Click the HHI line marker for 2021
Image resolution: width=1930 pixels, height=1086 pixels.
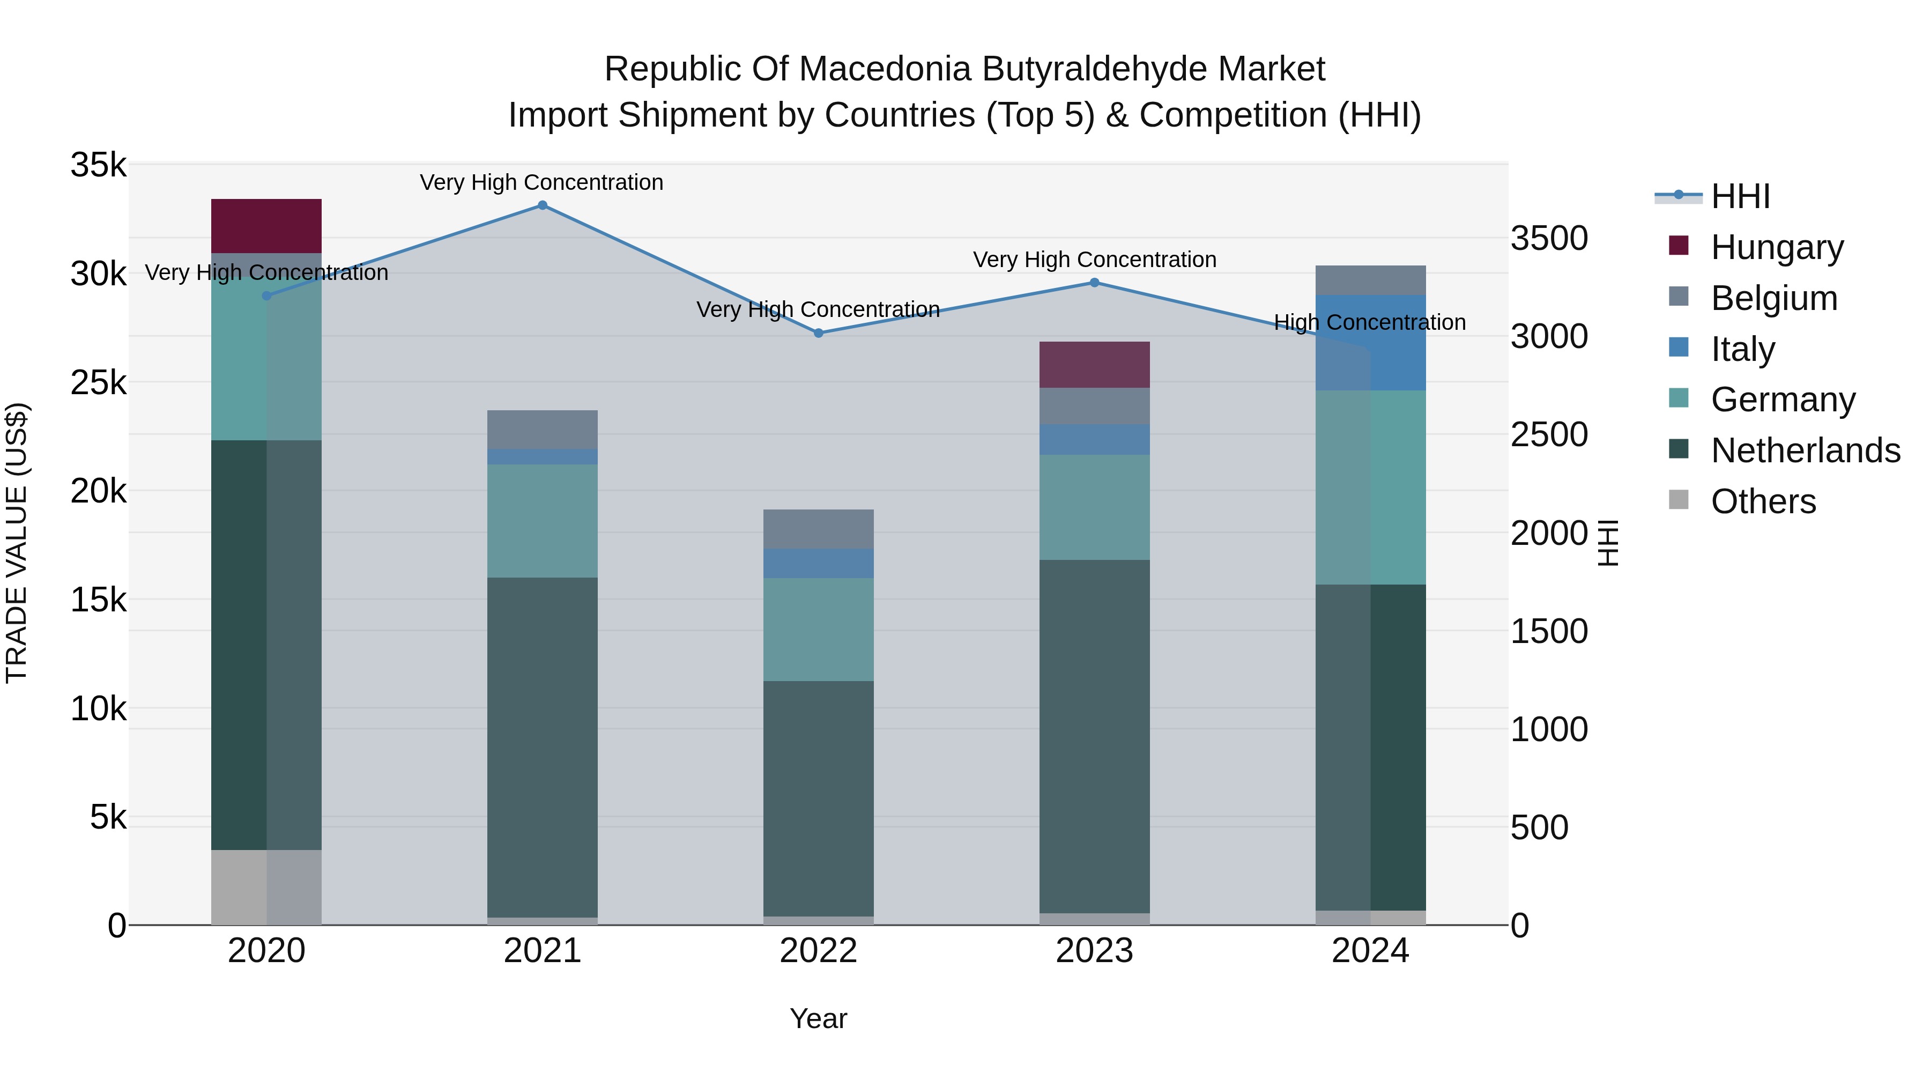(543, 205)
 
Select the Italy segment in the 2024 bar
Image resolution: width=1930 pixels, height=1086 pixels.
(1370, 343)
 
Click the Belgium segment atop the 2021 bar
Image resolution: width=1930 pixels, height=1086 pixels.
(543, 430)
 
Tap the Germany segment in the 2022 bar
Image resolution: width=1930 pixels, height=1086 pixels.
(818, 629)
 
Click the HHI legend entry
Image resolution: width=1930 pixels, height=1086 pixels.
(1740, 196)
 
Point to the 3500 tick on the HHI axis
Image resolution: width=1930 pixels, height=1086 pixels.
(1548, 238)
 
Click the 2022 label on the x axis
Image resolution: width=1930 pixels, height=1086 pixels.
(818, 951)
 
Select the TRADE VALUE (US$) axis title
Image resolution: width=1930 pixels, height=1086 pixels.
(17, 543)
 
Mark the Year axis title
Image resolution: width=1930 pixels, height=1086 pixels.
(818, 1018)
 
